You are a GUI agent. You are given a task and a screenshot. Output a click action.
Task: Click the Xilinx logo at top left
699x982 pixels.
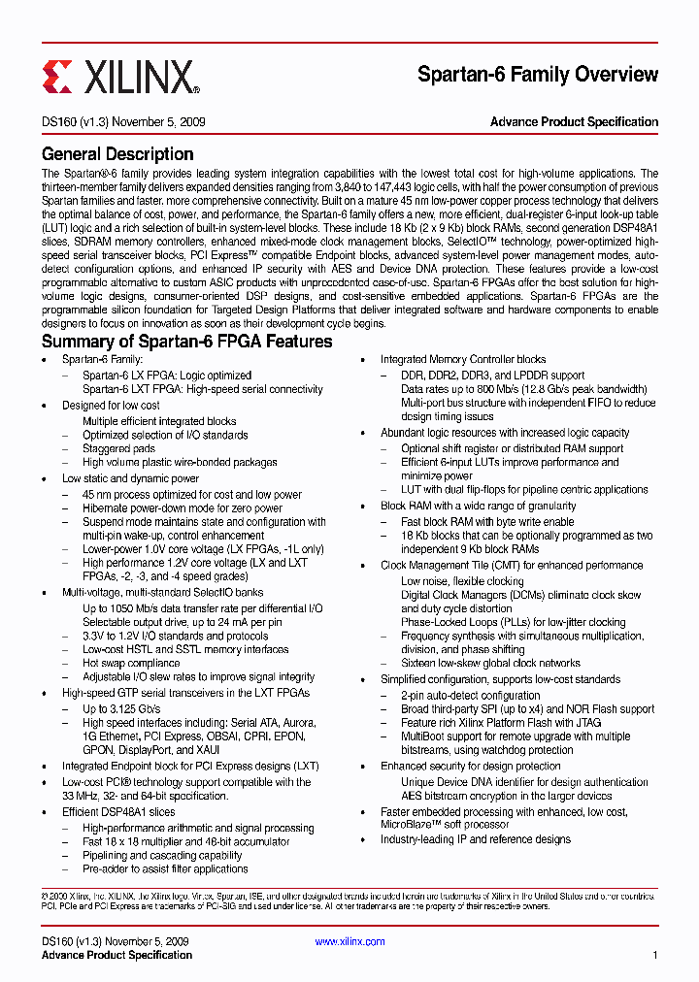[x=120, y=76]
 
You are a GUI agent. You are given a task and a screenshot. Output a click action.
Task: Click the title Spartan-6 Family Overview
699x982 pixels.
[x=537, y=75]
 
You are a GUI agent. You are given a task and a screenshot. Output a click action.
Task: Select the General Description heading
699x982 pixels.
[x=117, y=154]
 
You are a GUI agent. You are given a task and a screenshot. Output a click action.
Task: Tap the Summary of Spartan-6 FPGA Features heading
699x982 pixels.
[x=186, y=342]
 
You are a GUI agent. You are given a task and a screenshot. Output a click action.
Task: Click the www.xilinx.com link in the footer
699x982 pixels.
[x=349, y=941]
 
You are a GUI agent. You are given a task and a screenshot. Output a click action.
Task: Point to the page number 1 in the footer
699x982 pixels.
[x=655, y=955]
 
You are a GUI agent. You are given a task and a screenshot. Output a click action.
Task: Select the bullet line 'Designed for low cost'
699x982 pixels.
[x=111, y=406]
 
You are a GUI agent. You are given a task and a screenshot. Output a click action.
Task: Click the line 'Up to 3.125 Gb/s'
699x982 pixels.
[x=121, y=709]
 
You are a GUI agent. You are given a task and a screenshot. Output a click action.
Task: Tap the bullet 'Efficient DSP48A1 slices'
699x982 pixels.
[x=118, y=812]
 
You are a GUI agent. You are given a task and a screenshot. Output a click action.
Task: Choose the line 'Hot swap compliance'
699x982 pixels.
[x=131, y=664]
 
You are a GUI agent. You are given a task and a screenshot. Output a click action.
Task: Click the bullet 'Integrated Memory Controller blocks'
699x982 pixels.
[x=462, y=359]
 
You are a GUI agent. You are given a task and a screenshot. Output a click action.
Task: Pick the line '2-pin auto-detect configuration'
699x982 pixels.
[x=471, y=696]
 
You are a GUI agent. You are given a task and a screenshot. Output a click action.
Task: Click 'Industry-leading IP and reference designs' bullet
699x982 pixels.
[x=475, y=839]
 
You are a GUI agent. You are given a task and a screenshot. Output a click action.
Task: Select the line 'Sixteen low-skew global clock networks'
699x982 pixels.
[x=490, y=664]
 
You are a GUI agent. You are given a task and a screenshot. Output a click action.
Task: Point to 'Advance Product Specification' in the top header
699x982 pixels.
[x=574, y=122]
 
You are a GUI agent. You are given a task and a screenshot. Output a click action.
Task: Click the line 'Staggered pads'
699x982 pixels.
[x=118, y=449]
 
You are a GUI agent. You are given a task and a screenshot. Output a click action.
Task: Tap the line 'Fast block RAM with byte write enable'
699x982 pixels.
[x=487, y=521]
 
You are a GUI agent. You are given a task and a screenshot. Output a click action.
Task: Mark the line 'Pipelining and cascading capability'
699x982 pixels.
[x=162, y=856]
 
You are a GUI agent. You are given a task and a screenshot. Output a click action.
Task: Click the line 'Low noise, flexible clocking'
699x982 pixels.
[x=462, y=581]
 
